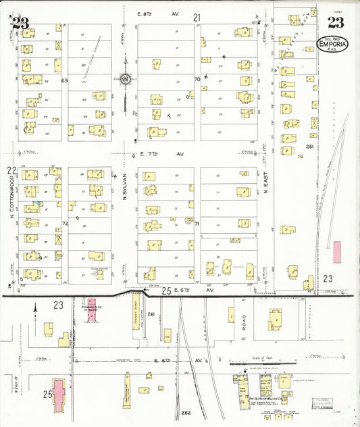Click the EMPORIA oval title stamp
tap(333, 45)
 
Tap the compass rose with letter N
tap(126, 80)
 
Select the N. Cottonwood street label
tap(11, 199)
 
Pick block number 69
tap(66, 80)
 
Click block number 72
tap(66, 222)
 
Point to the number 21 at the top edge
tap(197, 16)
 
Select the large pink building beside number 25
tap(59, 395)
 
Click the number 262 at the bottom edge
tap(186, 412)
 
